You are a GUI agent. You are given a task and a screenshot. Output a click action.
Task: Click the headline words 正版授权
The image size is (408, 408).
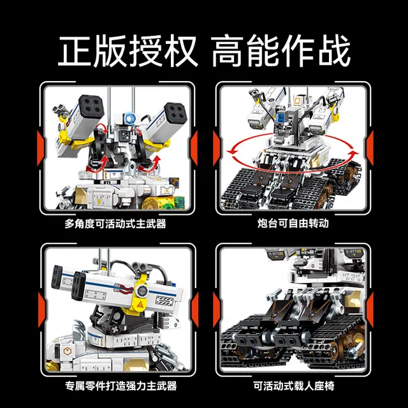(127, 51)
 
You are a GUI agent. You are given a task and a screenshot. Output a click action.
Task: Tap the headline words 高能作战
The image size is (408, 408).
(281, 51)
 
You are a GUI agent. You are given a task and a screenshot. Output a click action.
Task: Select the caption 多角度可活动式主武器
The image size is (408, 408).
(115, 224)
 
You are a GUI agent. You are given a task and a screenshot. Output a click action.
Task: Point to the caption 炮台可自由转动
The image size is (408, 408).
(293, 223)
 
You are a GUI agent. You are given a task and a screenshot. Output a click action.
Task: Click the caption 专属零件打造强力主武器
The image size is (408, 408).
(120, 386)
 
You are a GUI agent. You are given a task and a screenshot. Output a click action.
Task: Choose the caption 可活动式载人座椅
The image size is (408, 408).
(294, 386)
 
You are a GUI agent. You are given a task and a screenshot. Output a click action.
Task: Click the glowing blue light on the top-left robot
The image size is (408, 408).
(129, 119)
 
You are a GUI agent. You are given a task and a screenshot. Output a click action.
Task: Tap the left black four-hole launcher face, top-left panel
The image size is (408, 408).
(91, 106)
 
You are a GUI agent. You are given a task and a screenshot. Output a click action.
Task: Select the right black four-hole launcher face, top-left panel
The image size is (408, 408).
(177, 113)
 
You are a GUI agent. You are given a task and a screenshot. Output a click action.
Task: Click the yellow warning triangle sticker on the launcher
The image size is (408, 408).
(140, 304)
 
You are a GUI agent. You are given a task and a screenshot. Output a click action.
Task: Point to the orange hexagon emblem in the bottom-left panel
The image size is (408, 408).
(68, 351)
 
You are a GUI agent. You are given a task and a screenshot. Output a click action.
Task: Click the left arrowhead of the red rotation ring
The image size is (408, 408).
(231, 151)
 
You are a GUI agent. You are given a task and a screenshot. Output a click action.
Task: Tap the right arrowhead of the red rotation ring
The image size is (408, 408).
(353, 153)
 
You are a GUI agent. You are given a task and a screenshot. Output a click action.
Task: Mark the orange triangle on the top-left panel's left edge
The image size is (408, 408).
(40, 148)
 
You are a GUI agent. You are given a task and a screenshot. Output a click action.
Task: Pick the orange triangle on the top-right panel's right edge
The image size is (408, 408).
(370, 148)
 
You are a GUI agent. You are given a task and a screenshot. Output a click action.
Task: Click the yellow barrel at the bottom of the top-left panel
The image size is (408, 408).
(156, 203)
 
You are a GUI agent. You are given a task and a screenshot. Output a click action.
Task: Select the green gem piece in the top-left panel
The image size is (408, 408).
(179, 202)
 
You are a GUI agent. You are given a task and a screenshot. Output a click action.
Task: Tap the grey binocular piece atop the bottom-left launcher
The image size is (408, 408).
(142, 266)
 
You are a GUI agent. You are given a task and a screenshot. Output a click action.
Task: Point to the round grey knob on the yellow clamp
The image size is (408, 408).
(142, 289)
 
